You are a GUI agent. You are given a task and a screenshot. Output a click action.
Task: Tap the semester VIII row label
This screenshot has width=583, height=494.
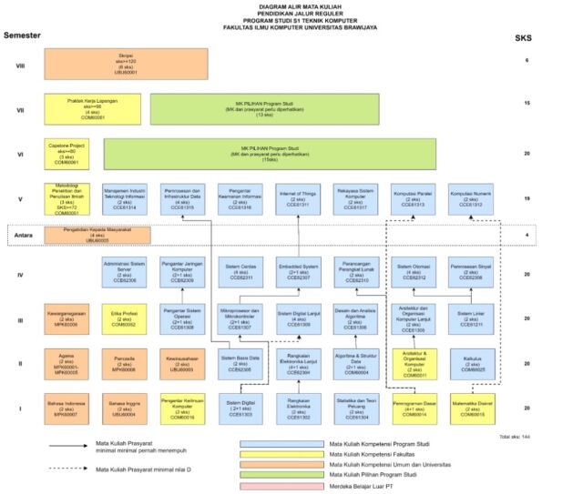pos(20,66)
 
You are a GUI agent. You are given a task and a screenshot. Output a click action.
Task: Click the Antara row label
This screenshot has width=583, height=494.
pos(24,235)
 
